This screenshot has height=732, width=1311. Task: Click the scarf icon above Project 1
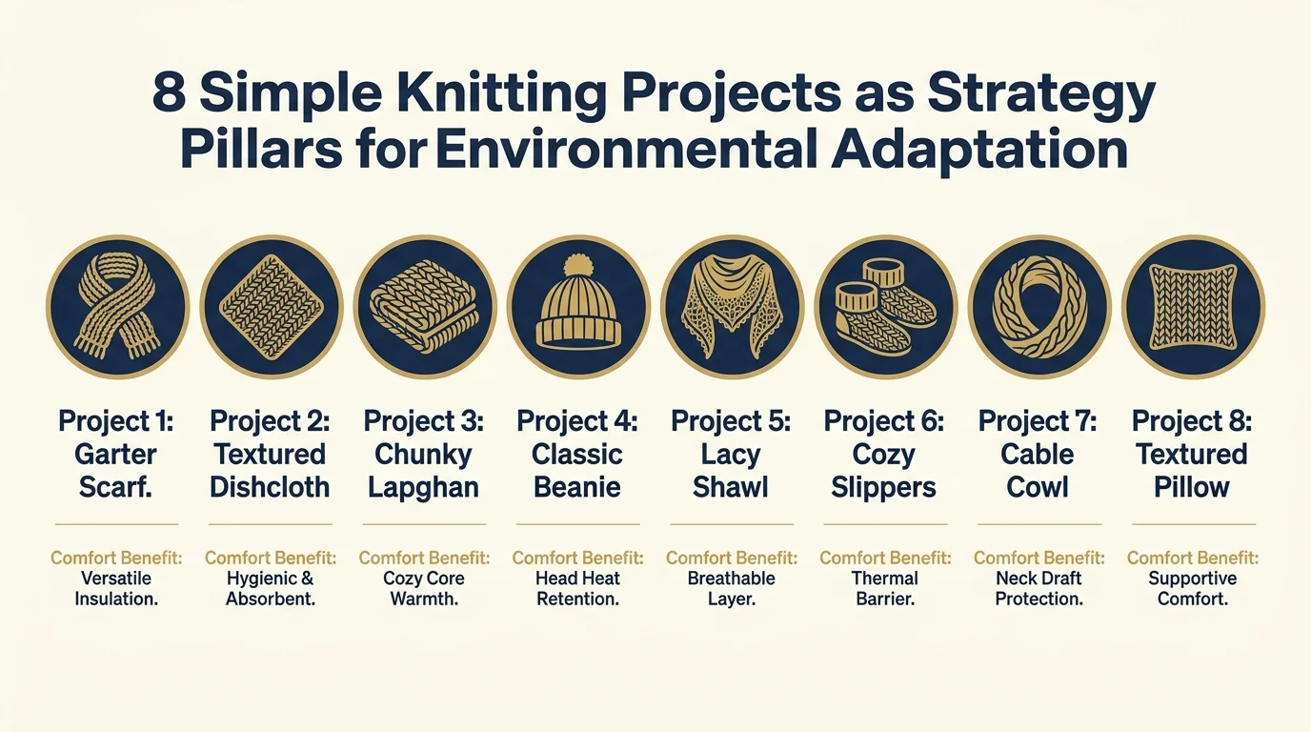point(117,307)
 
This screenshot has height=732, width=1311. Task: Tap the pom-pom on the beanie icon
point(578,266)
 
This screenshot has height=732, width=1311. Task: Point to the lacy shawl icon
point(732,307)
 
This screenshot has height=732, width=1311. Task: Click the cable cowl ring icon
point(1039,307)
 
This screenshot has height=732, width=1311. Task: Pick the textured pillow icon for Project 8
point(1192,307)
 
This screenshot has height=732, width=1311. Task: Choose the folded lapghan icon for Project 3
point(424,307)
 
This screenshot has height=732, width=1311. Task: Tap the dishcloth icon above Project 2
point(271,307)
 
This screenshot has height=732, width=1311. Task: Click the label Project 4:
point(577,421)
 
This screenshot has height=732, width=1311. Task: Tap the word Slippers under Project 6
point(884,487)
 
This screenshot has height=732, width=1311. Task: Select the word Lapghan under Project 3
point(424,487)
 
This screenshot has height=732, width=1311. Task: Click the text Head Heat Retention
point(577,588)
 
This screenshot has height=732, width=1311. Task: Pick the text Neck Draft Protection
point(1039,588)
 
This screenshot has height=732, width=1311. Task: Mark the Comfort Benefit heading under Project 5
point(732,558)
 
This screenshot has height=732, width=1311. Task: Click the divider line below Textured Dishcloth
point(271,524)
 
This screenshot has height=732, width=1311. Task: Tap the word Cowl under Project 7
point(1039,487)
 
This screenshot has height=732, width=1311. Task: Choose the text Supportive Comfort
point(1192,588)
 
